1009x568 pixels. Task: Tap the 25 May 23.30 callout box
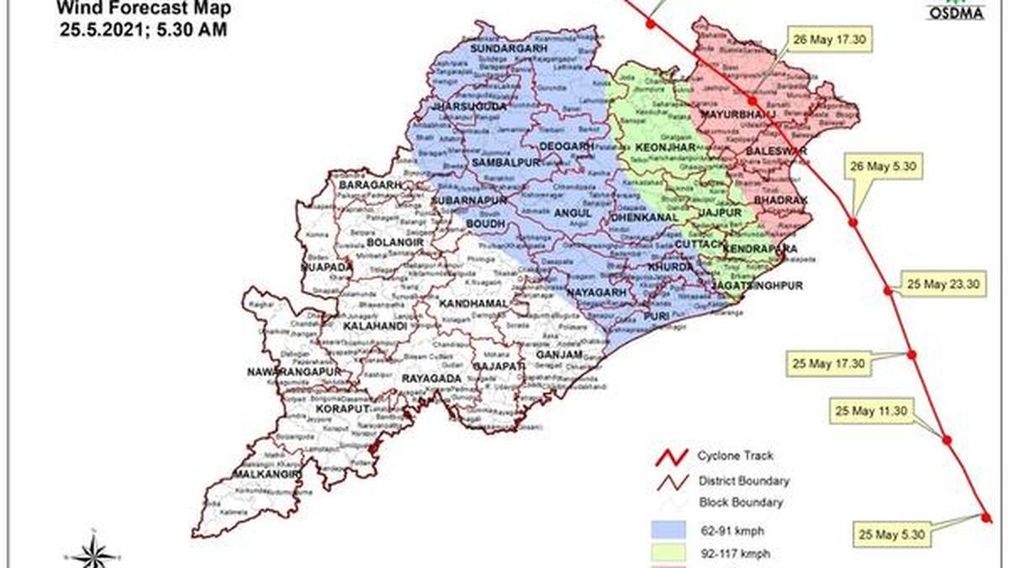tap(941, 284)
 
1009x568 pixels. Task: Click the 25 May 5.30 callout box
tap(891, 533)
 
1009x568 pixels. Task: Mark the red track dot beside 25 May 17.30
tap(913, 354)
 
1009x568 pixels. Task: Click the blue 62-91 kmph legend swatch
tap(672, 530)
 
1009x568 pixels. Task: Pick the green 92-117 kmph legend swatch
tap(672, 555)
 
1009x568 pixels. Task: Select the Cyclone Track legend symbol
tap(672, 458)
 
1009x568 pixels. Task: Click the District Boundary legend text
tap(742, 480)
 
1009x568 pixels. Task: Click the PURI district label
tap(655, 316)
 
